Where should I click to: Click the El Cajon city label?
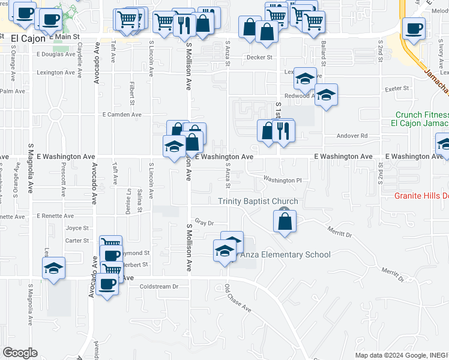pyautogui.click(x=26, y=38)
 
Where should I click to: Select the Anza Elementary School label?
pyautogui.click(x=285, y=254)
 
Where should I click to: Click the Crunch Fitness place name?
pyautogui.click(x=422, y=115)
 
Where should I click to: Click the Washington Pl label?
pyautogui.click(x=282, y=180)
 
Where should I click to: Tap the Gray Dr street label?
pyautogui.click(x=204, y=223)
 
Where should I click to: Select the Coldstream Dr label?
pyautogui.click(x=159, y=287)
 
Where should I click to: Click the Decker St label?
pyautogui.click(x=260, y=58)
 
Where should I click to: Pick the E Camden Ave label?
pyautogui.click(x=122, y=114)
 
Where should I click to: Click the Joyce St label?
pyautogui.click(x=77, y=228)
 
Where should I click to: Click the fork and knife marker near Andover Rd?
pyautogui.click(x=283, y=130)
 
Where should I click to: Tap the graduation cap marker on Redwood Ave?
pyautogui.click(x=326, y=95)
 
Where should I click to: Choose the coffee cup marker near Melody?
pyautogui.click(x=414, y=28)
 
